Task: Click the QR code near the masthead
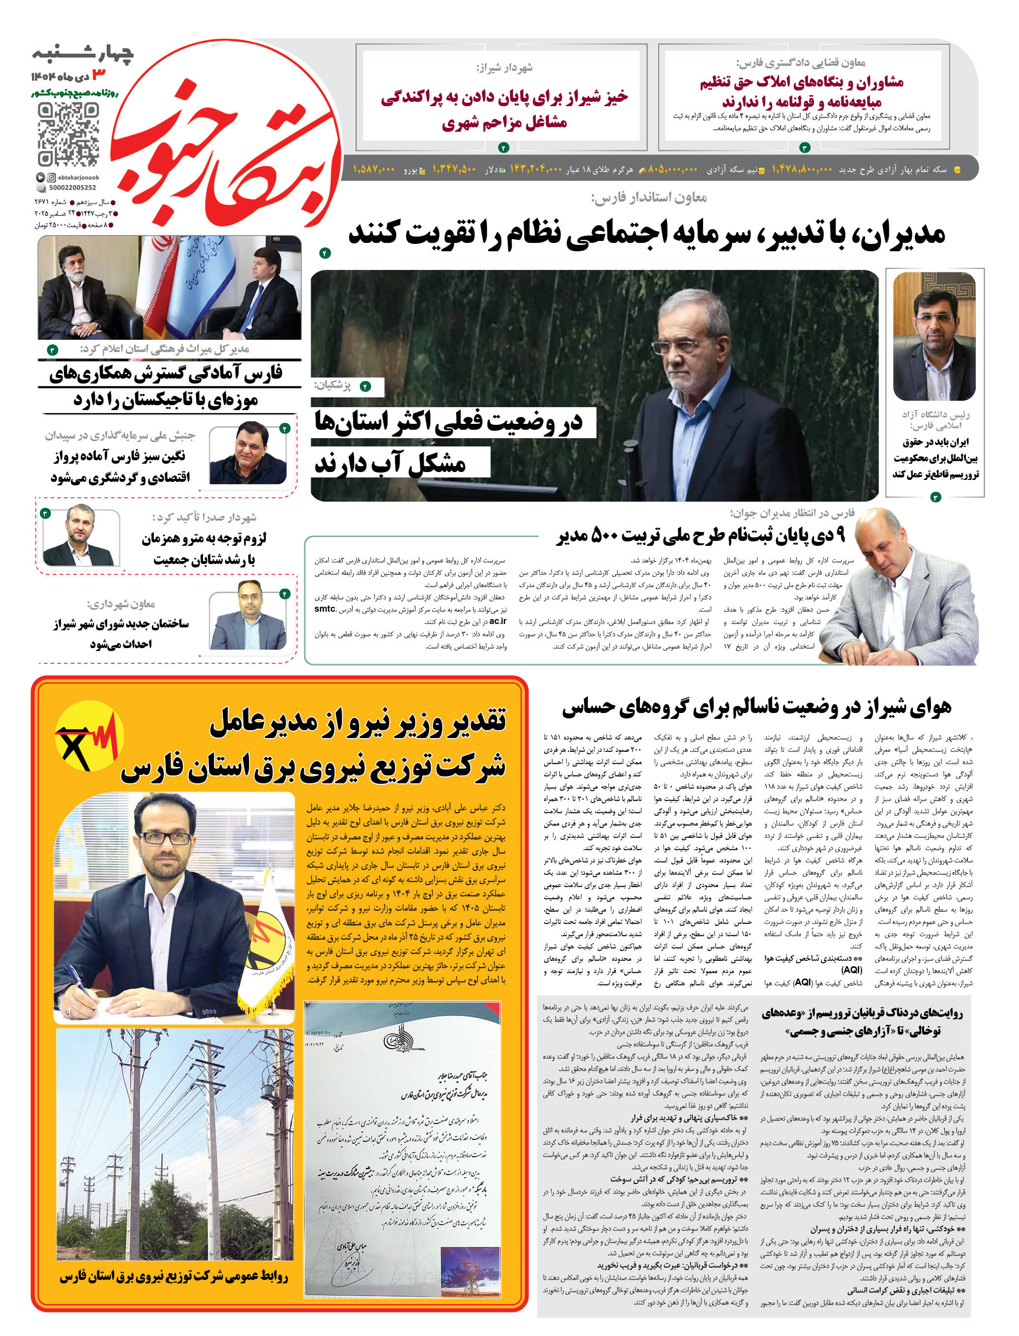point(68,134)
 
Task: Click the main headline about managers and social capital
point(646,234)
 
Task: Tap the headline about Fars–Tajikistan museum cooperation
point(167,386)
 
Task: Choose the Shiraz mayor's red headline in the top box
point(504,109)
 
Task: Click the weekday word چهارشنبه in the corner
point(83,54)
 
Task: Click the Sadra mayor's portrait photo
point(81,537)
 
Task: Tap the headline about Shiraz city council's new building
point(121,633)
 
